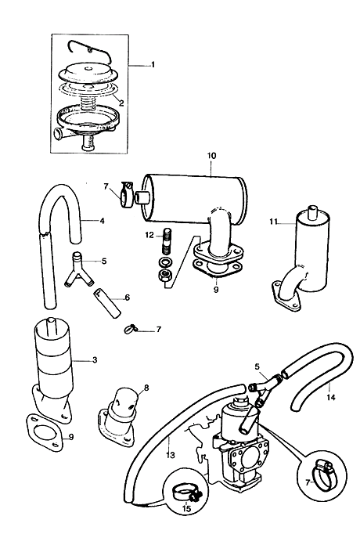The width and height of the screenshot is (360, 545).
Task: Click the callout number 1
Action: tap(152, 65)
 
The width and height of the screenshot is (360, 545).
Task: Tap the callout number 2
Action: tap(121, 103)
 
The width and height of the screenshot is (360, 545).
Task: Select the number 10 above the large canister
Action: tap(211, 155)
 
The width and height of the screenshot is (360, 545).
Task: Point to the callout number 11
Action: tap(273, 222)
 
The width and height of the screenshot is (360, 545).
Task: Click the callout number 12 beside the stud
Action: tap(149, 236)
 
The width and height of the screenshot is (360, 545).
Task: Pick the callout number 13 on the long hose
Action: tap(171, 455)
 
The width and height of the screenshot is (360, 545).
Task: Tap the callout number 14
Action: tap(331, 396)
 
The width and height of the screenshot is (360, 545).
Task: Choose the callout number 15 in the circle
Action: tap(186, 508)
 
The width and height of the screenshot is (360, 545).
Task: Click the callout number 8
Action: tap(146, 387)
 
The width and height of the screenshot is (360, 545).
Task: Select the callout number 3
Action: tap(95, 359)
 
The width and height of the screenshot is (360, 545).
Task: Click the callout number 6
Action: tap(128, 298)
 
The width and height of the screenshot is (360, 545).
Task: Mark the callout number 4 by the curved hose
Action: tap(102, 221)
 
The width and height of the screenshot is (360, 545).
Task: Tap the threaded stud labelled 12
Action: tap(167, 240)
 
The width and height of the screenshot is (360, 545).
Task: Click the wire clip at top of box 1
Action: tap(91, 49)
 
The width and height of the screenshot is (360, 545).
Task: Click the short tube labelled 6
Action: tap(106, 303)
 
